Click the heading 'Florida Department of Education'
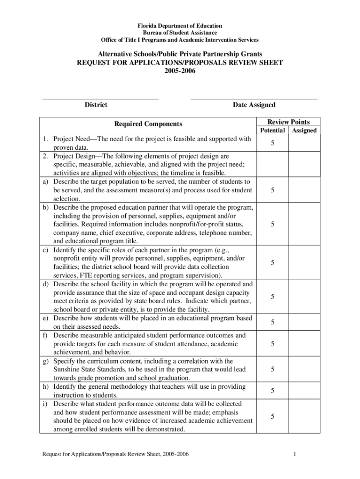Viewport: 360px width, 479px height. point(180,25)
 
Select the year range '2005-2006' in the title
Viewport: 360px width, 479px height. point(180,71)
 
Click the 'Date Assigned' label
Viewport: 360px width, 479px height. point(254,105)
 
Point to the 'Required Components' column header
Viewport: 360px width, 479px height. point(148,124)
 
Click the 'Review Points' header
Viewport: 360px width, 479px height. point(288,122)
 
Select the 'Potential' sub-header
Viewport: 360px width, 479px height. point(272,131)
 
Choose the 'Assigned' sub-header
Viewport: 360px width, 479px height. point(304,131)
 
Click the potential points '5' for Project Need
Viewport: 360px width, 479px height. point(272,143)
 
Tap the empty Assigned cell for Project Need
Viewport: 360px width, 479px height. point(304,143)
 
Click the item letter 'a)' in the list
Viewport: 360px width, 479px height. point(46,181)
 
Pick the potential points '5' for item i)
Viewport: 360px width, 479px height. point(272,416)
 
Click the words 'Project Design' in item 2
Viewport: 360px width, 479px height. point(75,156)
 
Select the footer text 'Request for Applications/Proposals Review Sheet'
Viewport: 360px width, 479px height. point(101,454)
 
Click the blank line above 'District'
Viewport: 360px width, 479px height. point(100,99)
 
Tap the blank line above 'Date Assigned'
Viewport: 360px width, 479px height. point(254,99)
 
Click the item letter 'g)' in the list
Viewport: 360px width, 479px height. point(46,361)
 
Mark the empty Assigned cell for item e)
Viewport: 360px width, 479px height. point(304,322)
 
